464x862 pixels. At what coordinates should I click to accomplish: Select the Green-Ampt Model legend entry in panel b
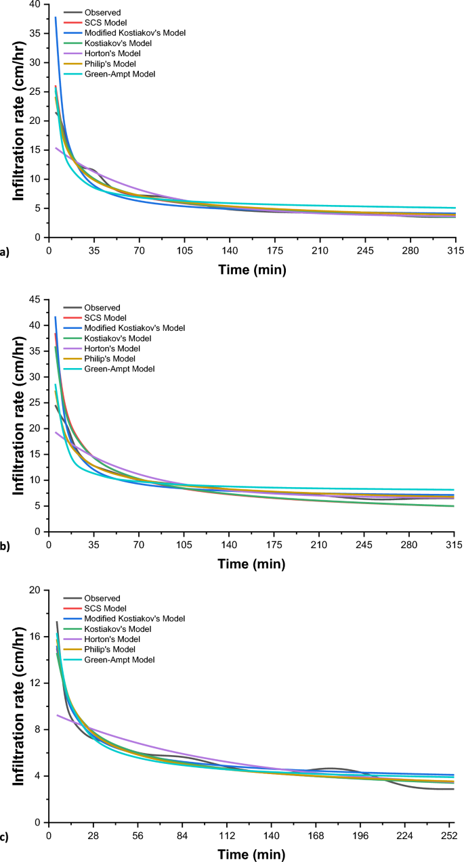[x=119, y=369]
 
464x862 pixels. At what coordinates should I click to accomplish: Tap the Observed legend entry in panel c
[x=102, y=598]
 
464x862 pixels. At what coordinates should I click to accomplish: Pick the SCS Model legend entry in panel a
[x=105, y=22]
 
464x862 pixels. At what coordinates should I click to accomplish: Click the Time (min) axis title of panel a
[x=251, y=270]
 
